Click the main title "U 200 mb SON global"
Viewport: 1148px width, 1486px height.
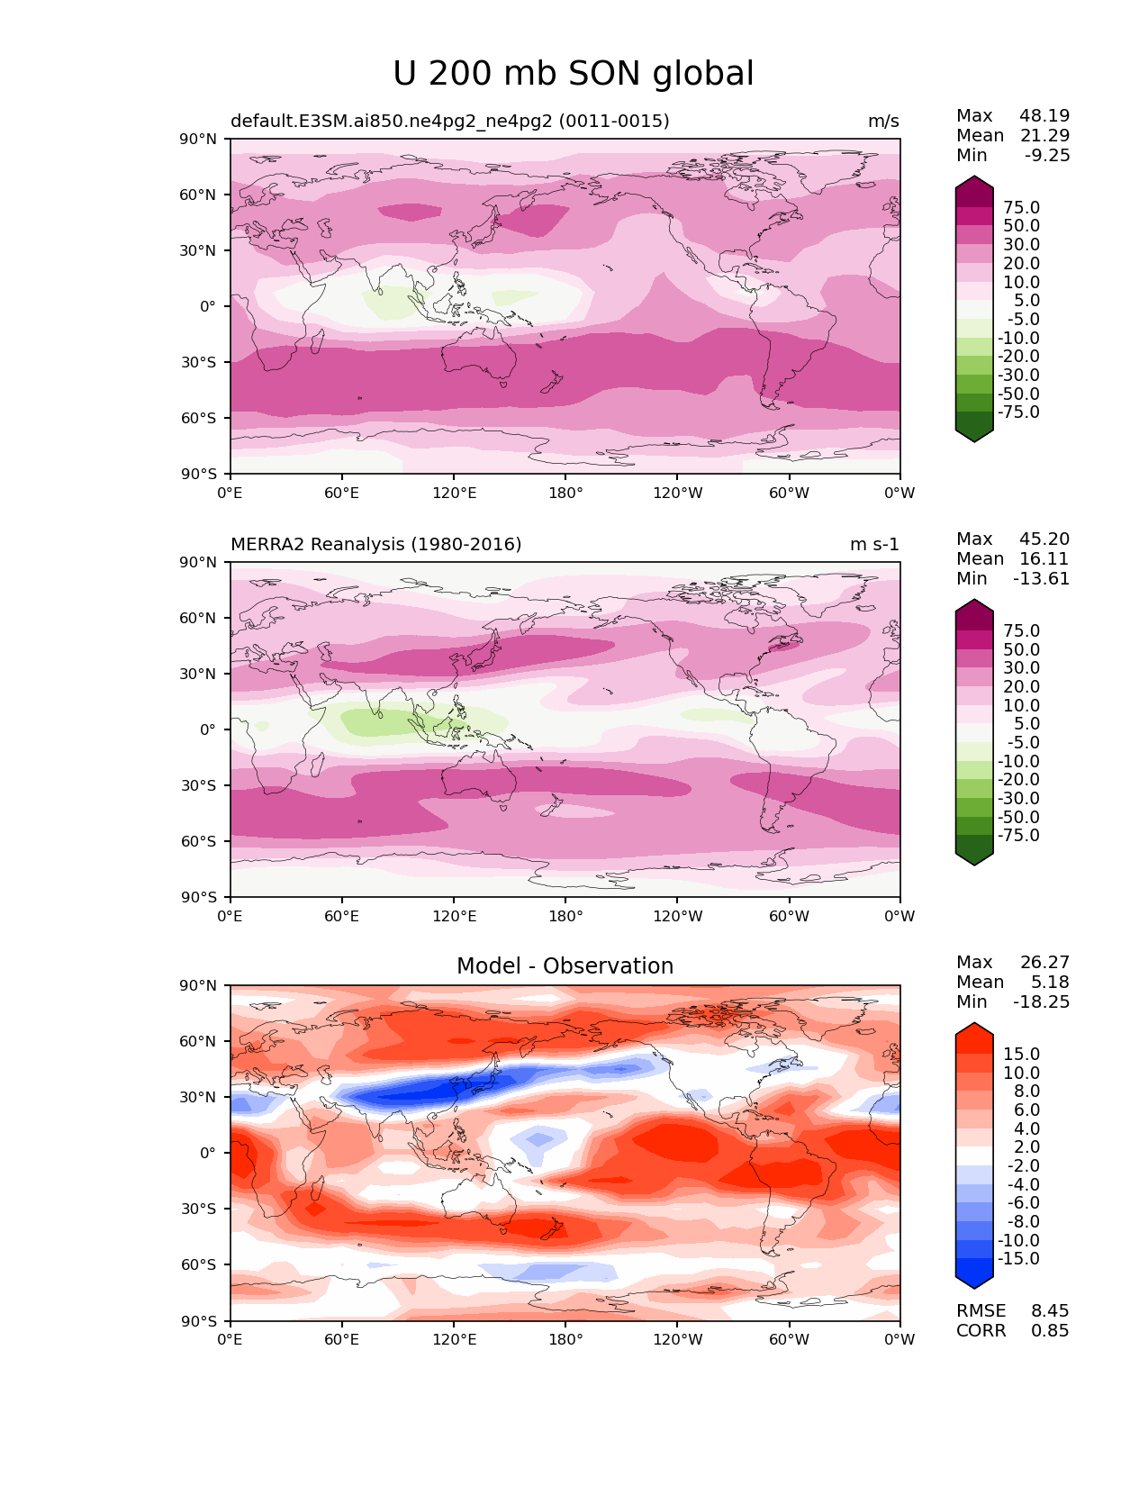573,74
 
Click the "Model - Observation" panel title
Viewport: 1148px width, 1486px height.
565,966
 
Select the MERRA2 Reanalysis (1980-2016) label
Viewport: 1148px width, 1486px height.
375,544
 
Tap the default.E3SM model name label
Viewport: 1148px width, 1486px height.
449,121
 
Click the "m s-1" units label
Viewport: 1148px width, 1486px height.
874,544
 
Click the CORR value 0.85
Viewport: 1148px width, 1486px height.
1050,1330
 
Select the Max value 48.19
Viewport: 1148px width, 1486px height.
1044,115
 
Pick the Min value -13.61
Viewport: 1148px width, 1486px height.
1041,578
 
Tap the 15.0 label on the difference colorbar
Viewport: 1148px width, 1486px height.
1021,1054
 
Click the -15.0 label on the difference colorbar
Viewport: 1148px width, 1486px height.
1018,1258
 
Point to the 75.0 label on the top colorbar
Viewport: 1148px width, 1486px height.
1021,207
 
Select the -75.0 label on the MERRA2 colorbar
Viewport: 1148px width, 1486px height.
1018,835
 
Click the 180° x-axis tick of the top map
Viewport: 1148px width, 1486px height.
565,493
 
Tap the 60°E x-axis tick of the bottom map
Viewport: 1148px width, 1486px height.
342,1339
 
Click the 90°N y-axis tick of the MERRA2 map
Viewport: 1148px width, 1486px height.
199,562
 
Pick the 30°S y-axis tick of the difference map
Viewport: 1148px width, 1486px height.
199,1209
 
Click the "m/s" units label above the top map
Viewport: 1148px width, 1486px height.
883,121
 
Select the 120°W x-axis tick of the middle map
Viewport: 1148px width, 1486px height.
677,916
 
